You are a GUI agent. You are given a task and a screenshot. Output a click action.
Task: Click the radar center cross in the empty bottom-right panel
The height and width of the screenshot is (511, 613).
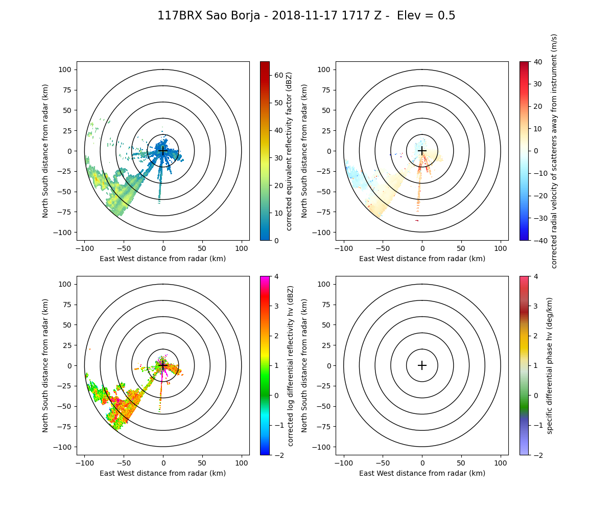point(422,365)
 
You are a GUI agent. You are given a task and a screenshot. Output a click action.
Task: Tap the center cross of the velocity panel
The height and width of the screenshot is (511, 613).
point(422,151)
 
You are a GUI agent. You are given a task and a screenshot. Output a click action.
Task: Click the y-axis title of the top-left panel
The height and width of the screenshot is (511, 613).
point(45,151)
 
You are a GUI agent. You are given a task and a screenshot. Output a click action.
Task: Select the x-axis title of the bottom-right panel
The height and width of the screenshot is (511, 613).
point(422,473)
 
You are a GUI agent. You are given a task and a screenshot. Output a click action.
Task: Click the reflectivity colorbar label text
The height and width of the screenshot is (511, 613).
point(290,151)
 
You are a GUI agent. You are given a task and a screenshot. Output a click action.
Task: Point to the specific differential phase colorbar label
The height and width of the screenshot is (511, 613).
point(550,365)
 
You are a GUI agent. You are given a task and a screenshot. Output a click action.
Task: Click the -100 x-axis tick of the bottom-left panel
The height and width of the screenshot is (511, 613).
point(85,462)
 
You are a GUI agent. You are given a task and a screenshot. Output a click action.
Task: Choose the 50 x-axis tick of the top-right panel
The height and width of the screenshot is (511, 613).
point(461,248)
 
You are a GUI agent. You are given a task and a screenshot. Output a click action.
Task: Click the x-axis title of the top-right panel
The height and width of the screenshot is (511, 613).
point(422,259)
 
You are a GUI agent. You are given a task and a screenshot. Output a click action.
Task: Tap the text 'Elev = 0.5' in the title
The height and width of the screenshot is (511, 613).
point(421,16)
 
